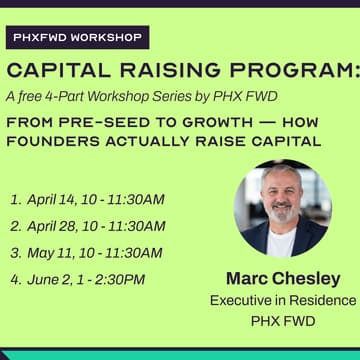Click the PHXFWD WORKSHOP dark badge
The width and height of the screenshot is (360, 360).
76,39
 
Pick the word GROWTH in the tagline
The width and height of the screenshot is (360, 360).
209,120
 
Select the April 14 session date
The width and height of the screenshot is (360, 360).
55,200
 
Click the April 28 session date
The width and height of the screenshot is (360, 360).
55,226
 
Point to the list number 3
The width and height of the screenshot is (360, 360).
15,252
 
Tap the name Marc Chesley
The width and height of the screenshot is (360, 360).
281,278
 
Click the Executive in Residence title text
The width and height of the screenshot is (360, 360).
281,300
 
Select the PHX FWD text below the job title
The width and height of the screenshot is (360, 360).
281,322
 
